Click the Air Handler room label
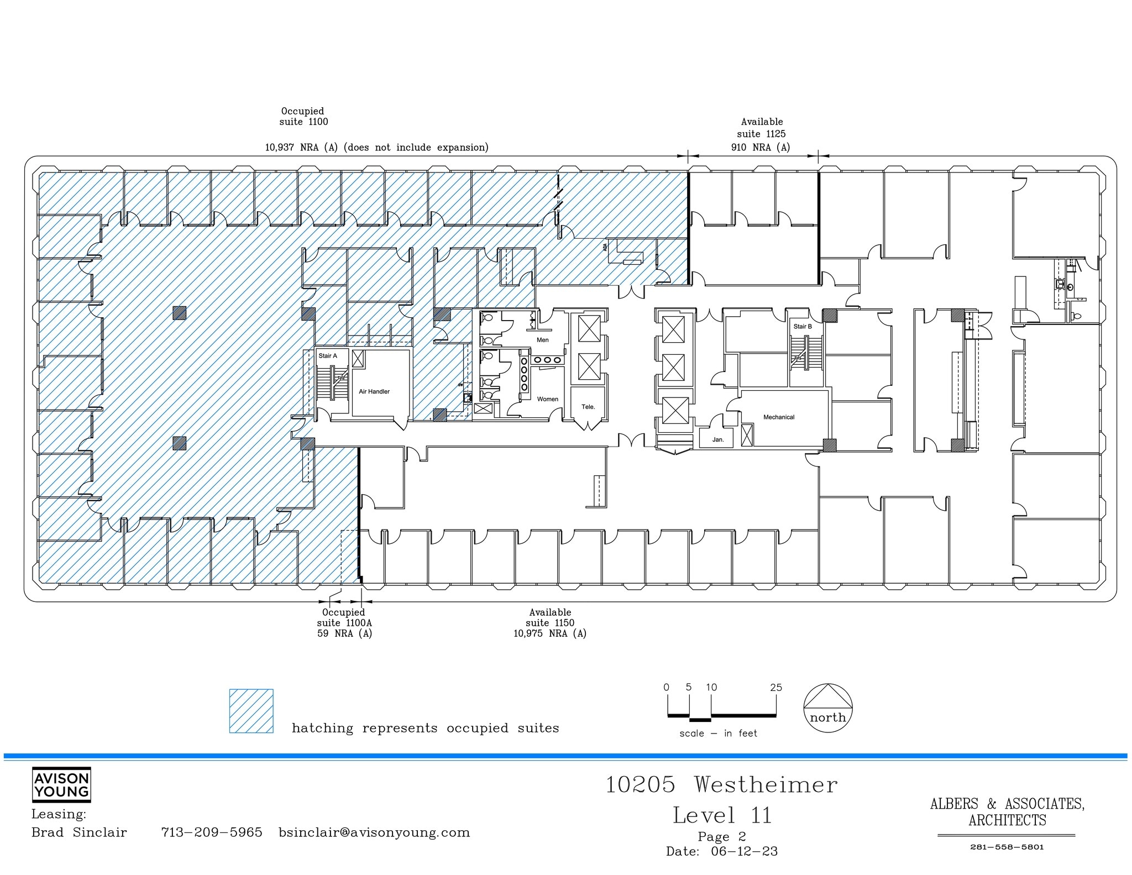[x=374, y=391]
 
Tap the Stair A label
[x=327, y=356]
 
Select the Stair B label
[x=803, y=327]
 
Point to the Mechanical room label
[x=779, y=417]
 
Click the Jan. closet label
[x=718, y=439]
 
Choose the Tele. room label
[x=588, y=407]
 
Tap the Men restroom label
[x=543, y=340]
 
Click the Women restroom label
[x=547, y=399]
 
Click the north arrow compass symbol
[x=827, y=708]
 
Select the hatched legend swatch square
[x=251, y=711]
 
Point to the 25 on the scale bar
[x=776, y=688]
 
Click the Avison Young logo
[x=61, y=785]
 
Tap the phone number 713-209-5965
[x=212, y=832]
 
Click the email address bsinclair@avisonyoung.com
[x=374, y=832]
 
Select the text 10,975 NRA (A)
[x=550, y=633]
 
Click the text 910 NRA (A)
[x=761, y=148]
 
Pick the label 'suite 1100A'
[x=344, y=623]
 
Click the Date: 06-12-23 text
[x=722, y=852]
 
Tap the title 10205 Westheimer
[x=721, y=785]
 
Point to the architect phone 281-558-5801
[x=1007, y=847]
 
